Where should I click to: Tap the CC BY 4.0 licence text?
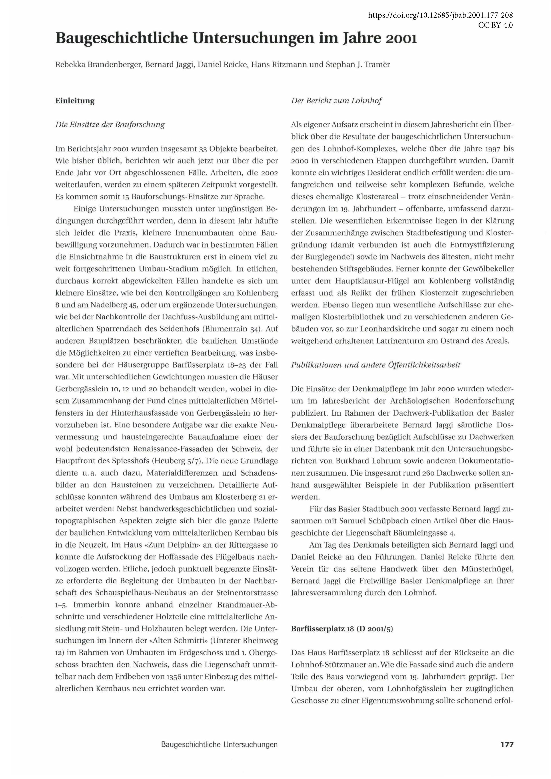click(495, 25)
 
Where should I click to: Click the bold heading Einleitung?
click(75, 101)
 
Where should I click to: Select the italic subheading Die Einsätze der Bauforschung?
click(110, 125)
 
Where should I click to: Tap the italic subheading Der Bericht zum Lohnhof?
click(336, 101)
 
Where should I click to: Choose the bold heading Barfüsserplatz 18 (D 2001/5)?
click(342, 629)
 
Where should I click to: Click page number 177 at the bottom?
click(507, 744)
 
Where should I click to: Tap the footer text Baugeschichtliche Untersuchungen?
click(219, 745)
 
